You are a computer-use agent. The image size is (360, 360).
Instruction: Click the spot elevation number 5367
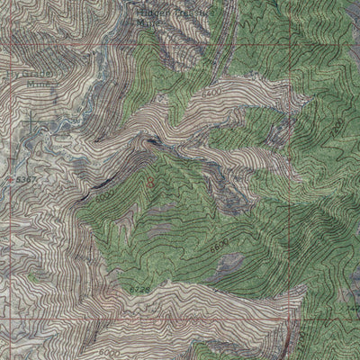point(27,179)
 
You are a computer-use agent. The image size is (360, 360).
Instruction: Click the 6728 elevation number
point(137,288)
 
